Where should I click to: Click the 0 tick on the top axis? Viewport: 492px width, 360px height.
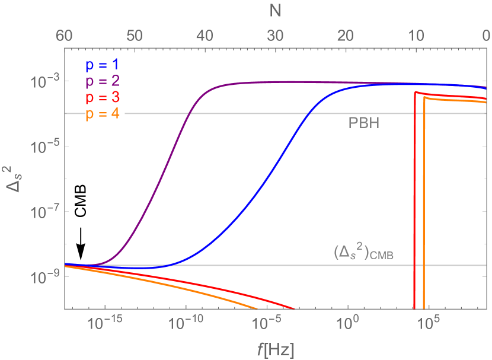tap(484, 36)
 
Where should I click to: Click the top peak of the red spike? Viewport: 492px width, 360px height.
tap(415, 92)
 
